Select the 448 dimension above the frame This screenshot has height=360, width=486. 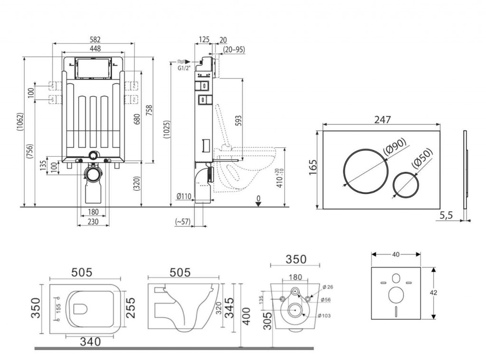click(x=93, y=48)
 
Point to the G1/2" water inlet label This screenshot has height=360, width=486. click(x=183, y=68)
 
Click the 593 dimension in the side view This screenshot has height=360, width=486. click(x=239, y=122)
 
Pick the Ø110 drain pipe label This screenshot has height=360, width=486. click(x=183, y=196)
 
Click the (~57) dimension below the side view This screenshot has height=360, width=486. click(x=183, y=221)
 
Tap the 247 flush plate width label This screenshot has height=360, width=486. click(x=382, y=120)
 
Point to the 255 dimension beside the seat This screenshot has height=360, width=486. click(x=131, y=308)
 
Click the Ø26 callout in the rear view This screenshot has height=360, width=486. click(x=327, y=286)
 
